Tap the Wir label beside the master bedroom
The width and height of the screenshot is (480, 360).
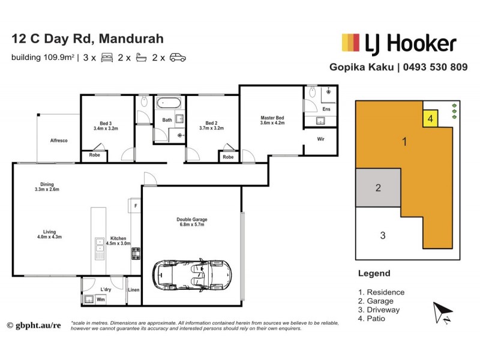tap(321, 140)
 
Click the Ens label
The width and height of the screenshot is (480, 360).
tap(326, 110)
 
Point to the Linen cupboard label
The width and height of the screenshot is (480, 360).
tap(133, 290)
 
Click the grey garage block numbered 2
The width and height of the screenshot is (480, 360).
tap(378, 188)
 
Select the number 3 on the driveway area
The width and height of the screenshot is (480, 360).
tap(383, 235)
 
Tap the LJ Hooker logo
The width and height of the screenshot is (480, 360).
tap(398, 43)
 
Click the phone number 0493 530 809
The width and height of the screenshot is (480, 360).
tap(434, 67)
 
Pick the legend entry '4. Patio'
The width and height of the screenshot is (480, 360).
tap(372, 319)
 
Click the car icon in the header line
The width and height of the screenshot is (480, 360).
tap(178, 58)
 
